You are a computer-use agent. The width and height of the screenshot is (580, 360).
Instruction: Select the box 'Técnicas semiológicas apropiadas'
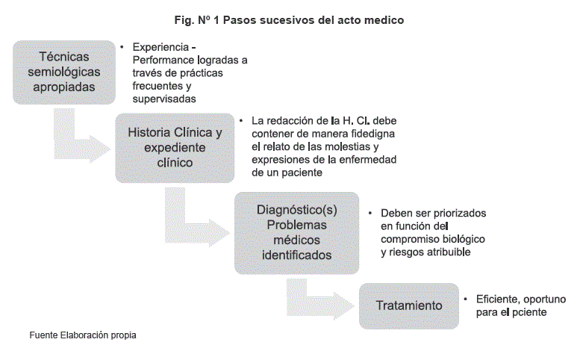63,71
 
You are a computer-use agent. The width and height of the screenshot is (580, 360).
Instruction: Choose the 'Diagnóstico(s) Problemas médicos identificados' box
296,232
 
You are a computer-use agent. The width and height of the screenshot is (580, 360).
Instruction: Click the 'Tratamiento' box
408,305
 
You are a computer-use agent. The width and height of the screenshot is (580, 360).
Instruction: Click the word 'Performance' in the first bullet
163,60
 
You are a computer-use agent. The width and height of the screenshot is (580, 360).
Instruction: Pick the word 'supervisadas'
164,99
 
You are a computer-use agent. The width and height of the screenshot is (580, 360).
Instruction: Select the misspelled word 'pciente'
531,312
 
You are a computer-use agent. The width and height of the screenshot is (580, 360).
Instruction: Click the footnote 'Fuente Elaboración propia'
83,335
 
